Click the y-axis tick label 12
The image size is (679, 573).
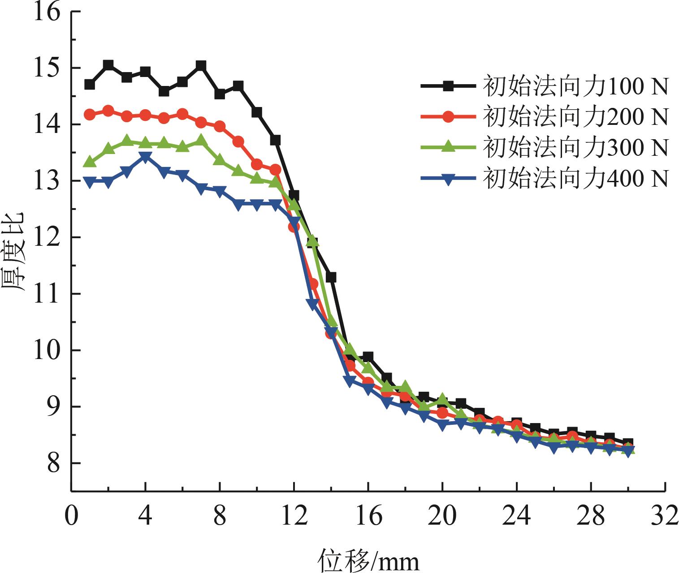point(48,238)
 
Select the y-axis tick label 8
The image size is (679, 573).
point(53,463)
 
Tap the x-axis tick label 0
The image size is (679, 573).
point(71,516)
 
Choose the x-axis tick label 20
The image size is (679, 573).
point(442,516)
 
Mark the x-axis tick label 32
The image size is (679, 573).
point(665,516)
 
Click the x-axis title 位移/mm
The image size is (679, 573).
point(369,560)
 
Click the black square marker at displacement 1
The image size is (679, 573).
point(90,84)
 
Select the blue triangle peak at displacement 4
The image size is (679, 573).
point(145,157)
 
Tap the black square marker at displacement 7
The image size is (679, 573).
point(201,66)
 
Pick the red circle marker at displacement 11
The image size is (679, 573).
point(275,170)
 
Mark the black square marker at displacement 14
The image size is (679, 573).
point(331,278)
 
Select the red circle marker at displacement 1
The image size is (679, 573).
point(90,115)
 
